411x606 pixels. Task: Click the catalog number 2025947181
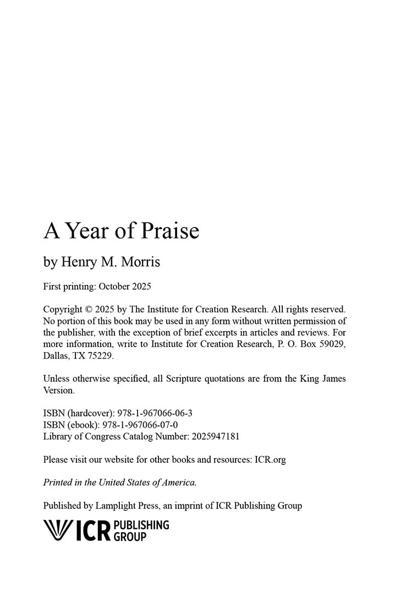tap(215, 436)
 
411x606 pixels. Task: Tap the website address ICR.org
tap(270, 459)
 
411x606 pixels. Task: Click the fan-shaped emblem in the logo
tap(57, 529)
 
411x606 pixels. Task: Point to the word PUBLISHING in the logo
tap(141, 524)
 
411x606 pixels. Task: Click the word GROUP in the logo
tap(130, 536)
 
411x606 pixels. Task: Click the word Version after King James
tap(58, 390)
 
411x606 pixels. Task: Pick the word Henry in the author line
tap(79, 262)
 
